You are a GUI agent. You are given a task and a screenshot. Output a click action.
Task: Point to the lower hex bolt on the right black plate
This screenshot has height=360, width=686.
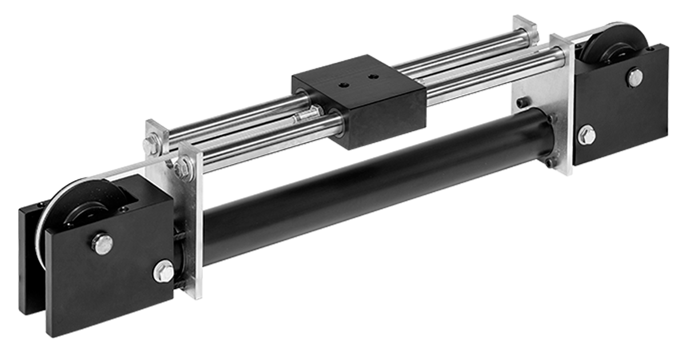tap(587, 135)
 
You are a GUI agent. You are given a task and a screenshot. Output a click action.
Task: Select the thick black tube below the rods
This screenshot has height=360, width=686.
tap(372, 183)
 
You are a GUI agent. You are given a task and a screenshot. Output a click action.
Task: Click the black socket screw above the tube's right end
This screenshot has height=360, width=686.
tap(523, 104)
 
